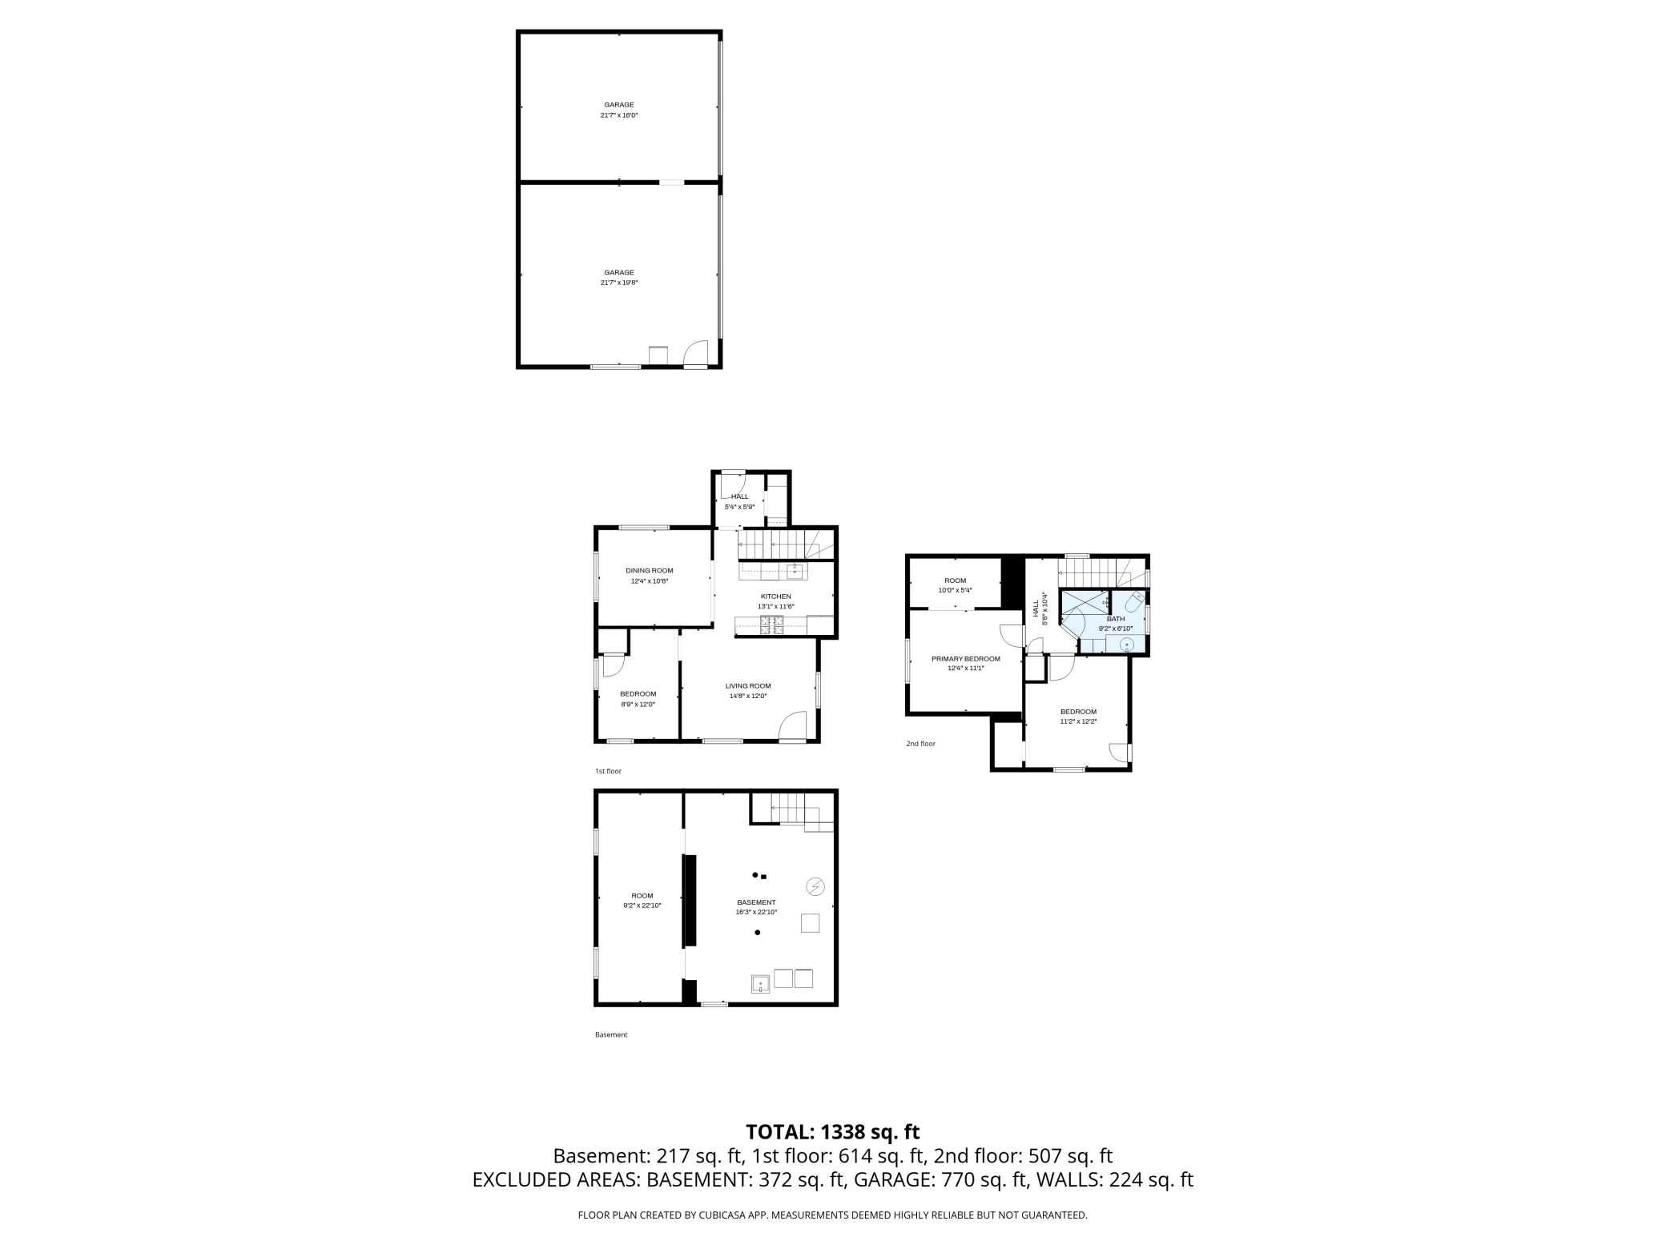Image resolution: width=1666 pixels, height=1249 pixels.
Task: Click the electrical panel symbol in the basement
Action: point(815,886)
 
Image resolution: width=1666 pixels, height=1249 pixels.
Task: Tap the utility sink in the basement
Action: point(760,983)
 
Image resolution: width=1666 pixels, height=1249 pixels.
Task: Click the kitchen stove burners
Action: point(776,625)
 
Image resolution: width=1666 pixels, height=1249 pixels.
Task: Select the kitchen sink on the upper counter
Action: point(794,571)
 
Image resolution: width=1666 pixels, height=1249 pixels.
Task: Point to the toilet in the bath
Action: point(1134,601)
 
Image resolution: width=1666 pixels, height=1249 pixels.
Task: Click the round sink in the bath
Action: point(1128,645)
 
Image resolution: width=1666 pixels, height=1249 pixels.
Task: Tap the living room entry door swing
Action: point(794,725)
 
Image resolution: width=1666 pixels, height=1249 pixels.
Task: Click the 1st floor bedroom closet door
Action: point(613,664)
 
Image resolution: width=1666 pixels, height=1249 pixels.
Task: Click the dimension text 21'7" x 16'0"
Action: point(619,115)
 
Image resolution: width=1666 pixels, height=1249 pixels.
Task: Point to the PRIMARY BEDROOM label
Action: point(965,659)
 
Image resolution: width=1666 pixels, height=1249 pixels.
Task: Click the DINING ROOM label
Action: point(649,571)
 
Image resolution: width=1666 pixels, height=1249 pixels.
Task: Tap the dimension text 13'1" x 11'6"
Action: point(775,607)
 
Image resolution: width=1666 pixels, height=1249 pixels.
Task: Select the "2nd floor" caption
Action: point(920,744)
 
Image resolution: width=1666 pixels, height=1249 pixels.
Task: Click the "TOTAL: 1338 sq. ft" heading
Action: point(832,1132)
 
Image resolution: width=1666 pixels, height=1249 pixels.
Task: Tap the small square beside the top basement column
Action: point(764,876)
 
